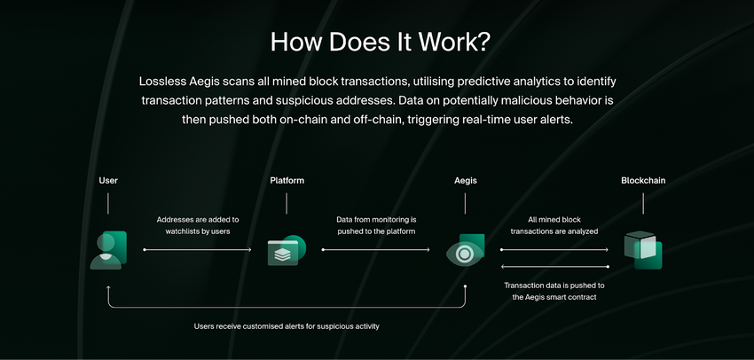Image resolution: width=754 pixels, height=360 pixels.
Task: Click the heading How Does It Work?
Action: click(380, 43)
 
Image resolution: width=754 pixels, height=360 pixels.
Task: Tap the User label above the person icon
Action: click(108, 181)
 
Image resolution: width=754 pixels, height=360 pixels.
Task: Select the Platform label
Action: click(287, 181)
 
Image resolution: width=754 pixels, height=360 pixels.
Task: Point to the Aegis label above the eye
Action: click(466, 181)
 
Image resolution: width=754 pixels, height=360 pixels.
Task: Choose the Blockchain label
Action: click(643, 181)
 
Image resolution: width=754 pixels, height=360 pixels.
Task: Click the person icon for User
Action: click(108, 250)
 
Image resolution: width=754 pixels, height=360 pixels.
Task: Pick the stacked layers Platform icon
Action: click(287, 250)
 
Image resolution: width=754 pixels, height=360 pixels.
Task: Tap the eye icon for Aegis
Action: click(465, 250)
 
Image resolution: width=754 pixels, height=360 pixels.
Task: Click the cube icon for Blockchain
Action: click(643, 250)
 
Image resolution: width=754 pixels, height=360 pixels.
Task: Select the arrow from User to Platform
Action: click(197, 250)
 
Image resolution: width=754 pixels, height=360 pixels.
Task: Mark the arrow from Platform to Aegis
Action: click(375, 250)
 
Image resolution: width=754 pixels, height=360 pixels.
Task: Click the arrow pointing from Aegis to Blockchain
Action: click(554, 250)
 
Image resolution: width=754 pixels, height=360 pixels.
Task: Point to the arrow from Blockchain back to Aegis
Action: click(554, 266)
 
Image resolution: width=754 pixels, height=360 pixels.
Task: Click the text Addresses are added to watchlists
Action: click(198, 225)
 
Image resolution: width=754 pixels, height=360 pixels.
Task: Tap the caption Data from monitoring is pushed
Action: click(376, 225)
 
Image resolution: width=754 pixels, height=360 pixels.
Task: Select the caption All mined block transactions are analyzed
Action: click(554, 225)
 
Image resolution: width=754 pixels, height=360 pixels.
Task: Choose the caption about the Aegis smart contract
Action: click(554, 291)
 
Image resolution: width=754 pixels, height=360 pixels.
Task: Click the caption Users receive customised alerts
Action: click(287, 326)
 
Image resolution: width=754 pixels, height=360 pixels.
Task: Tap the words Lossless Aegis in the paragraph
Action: click(179, 82)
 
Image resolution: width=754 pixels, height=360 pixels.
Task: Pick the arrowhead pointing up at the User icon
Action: click(108, 288)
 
